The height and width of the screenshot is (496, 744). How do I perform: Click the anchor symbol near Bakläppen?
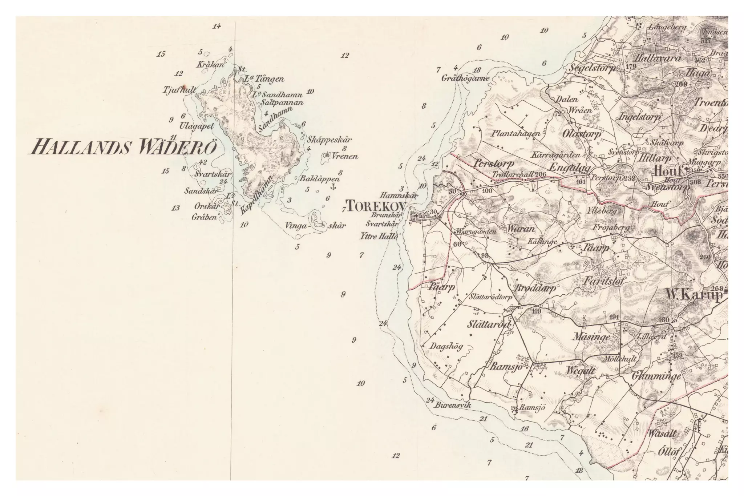coord(332,187)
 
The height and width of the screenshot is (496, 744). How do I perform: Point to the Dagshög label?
coord(446,347)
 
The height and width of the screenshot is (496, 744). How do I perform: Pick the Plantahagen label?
coord(516,134)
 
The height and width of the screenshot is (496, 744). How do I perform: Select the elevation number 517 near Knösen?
coord(705,41)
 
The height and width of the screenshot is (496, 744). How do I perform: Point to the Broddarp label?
coord(535,289)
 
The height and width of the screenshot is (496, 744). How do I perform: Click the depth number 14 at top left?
coord(217,26)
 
